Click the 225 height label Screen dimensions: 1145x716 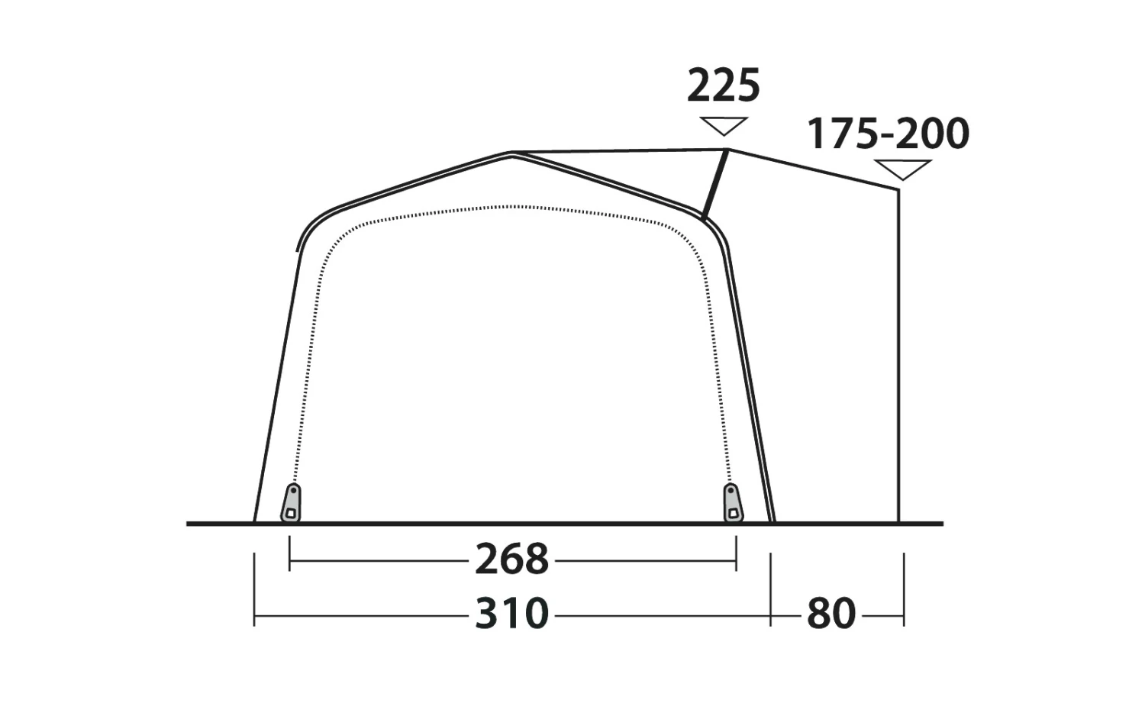[724, 85]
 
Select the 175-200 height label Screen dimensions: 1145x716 [888, 134]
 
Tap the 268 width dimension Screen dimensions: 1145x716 [511, 559]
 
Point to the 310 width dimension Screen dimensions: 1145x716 [511, 614]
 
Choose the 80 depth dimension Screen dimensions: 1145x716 [831, 614]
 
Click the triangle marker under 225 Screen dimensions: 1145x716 [724, 126]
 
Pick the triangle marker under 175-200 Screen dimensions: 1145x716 [903, 169]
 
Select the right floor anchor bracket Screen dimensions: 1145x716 [733, 503]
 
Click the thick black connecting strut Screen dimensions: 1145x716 [715, 185]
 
